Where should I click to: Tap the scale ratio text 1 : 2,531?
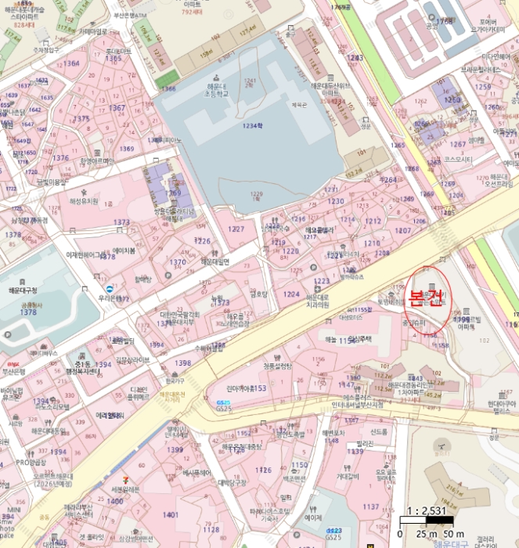[426, 510]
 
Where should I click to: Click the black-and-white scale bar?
[427, 521]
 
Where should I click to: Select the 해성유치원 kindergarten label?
[84, 201]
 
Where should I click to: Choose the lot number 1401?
[170, 514]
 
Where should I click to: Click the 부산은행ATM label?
[131, 14]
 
